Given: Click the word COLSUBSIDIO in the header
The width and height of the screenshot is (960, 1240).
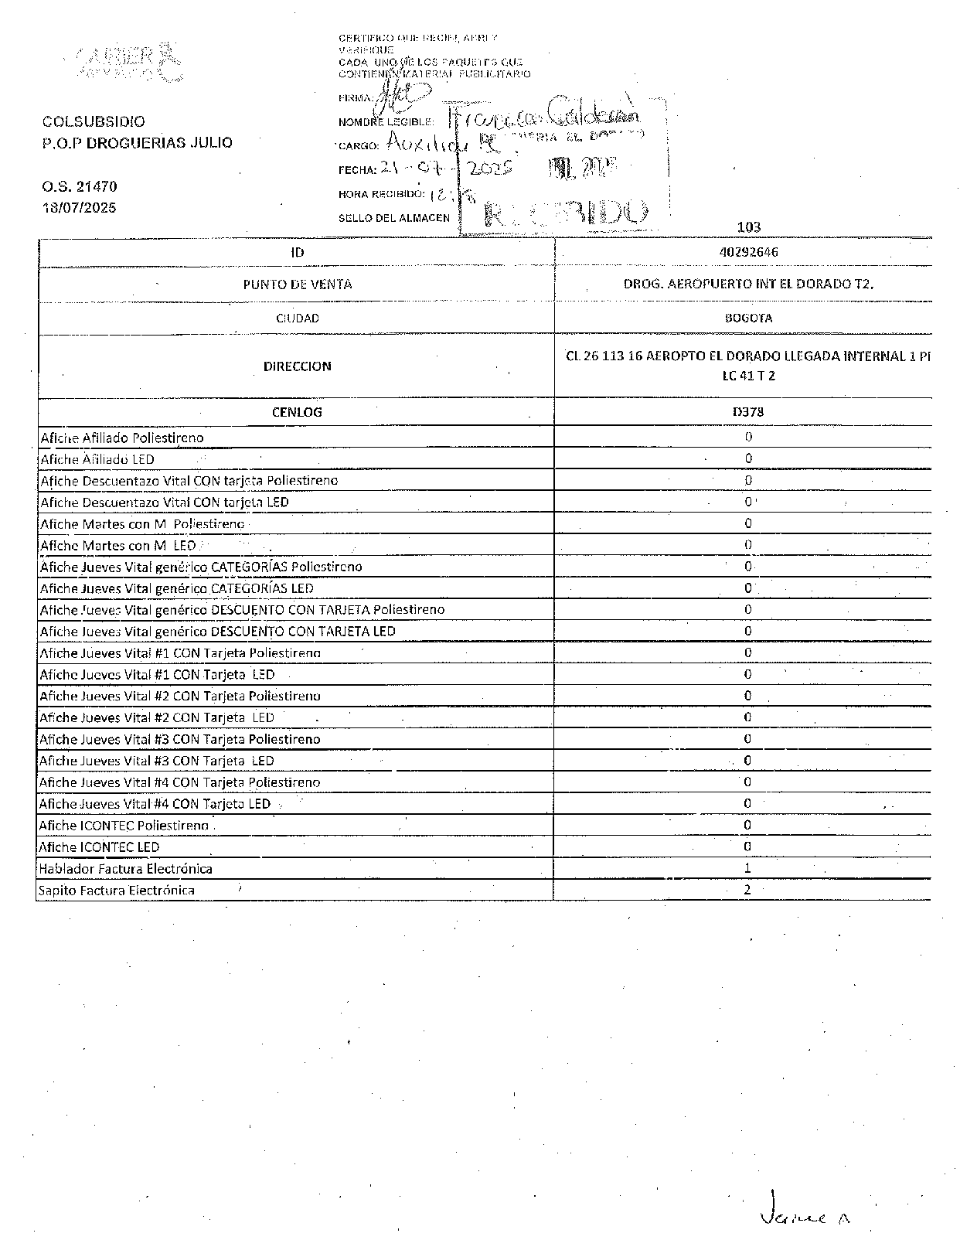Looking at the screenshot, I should pyautogui.click(x=94, y=122).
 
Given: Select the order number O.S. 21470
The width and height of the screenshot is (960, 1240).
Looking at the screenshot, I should pyautogui.click(x=80, y=186).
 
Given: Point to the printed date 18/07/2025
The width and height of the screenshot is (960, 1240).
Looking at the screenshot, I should pyautogui.click(x=80, y=207).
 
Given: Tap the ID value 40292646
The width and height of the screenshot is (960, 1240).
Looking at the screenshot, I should pyautogui.click(x=747, y=252).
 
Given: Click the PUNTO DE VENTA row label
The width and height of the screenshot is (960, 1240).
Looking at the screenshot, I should pyautogui.click(x=297, y=284).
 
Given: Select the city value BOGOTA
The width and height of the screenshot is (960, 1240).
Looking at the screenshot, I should pyautogui.click(x=747, y=318).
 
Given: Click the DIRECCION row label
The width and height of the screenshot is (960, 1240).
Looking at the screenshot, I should pyautogui.click(x=297, y=366).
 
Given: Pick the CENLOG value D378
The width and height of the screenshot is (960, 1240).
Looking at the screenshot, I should pyautogui.click(x=747, y=412).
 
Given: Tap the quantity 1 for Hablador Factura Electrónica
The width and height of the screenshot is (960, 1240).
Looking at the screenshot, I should pyautogui.click(x=747, y=868).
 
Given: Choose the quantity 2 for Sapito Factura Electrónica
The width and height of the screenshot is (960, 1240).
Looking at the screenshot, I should pyautogui.click(x=747, y=890).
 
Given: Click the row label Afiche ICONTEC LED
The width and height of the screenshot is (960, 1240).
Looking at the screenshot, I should pyautogui.click(x=99, y=847).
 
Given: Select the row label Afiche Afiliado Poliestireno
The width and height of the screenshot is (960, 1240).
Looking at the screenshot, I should pyautogui.click(x=122, y=438).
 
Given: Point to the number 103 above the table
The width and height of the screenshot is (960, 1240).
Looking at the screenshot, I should pyautogui.click(x=748, y=227).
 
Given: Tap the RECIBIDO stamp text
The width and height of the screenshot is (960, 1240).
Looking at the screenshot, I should pyautogui.click(x=564, y=213).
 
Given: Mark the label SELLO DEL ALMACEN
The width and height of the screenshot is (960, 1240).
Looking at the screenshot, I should pyautogui.click(x=393, y=218).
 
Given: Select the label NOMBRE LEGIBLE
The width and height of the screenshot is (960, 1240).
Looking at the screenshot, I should pyautogui.click(x=386, y=122).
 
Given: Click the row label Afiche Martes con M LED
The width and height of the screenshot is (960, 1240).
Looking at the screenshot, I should pyautogui.click(x=117, y=546).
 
